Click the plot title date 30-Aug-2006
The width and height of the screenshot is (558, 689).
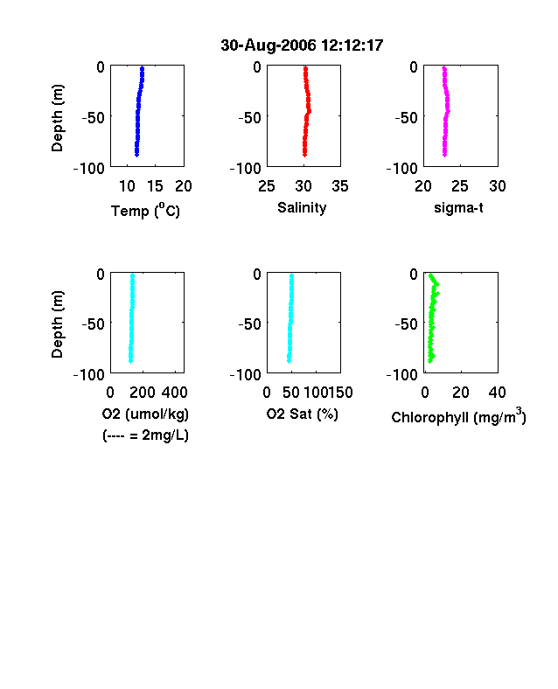tap(269, 45)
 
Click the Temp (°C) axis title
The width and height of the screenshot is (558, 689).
tap(145, 211)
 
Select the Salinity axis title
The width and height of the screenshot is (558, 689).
tap(302, 208)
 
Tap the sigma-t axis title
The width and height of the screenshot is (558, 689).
tap(458, 208)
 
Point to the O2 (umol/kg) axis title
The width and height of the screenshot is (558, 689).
tap(145, 414)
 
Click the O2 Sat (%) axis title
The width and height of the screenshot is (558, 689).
tap(303, 414)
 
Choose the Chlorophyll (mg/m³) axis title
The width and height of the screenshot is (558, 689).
tap(458, 415)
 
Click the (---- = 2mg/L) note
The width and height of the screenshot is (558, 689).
tap(145, 435)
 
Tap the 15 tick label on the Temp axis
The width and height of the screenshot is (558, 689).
tap(155, 186)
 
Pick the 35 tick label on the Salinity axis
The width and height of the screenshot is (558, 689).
tap(340, 186)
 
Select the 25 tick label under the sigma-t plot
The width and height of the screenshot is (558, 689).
tap(460, 186)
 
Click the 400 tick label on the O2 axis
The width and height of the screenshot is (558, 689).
tap(174, 393)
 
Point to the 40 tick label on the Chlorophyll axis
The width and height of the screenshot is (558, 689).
tap(497, 393)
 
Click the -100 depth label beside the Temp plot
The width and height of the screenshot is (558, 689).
tap(88, 168)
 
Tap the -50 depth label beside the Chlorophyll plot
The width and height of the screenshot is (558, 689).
tap(406, 324)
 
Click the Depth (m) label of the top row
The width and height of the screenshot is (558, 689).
tap(57, 118)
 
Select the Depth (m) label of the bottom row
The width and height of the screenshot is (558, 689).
tap(57, 324)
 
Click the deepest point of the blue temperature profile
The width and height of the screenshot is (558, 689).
tap(136, 155)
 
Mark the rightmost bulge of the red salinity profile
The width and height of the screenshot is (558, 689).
tap(310, 111)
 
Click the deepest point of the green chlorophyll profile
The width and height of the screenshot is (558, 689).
tap(430, 361)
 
